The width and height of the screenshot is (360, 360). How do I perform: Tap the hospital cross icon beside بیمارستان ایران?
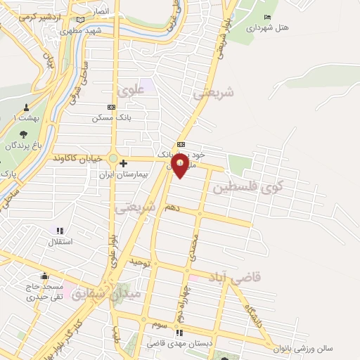124,164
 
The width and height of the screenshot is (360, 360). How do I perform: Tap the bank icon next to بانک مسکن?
110,107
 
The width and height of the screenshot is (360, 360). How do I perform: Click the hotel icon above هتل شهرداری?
266,18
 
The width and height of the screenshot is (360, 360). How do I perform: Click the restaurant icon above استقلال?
60,230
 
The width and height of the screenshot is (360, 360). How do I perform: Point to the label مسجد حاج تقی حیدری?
45,292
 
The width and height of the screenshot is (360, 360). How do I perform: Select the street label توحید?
141,262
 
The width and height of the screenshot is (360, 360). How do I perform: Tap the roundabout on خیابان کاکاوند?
113,159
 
